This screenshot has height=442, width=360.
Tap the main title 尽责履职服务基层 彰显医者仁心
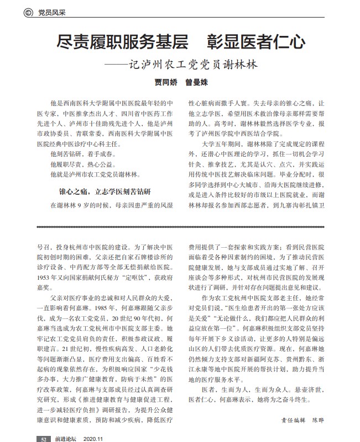[x=180, y=42]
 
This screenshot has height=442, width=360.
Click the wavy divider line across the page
[x=180, y=226]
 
